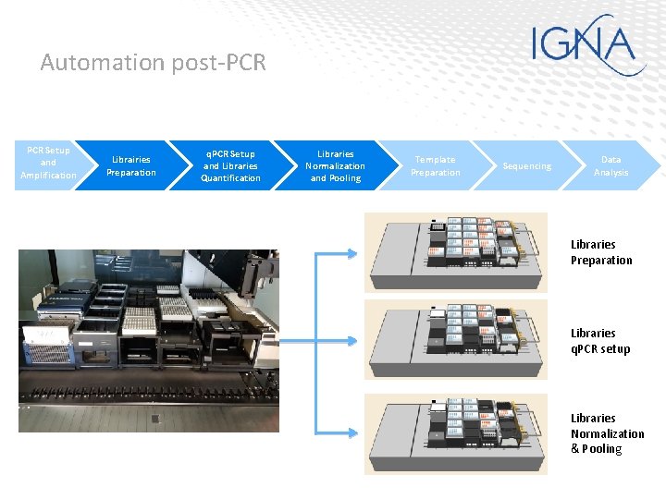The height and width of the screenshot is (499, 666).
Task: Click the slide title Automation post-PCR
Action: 153,63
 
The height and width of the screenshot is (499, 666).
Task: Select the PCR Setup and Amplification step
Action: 48,164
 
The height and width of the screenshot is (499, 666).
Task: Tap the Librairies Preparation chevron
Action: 131,166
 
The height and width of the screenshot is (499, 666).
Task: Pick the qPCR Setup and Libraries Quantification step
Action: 230,166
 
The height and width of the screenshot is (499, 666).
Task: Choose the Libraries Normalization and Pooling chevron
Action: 335,166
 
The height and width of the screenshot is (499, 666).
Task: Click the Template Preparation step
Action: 436,166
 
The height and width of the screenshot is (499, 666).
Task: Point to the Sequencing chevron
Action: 526,166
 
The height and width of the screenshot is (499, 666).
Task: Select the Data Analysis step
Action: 611,166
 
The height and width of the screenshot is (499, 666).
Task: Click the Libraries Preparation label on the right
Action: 601,252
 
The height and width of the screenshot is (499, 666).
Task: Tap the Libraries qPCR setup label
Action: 600,341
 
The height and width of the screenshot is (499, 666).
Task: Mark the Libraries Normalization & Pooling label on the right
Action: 607,433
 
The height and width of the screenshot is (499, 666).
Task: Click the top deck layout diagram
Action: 456,251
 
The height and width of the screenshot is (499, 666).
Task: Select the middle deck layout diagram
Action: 456,339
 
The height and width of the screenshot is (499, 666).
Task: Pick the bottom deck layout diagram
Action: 456,433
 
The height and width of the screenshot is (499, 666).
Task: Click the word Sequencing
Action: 526,166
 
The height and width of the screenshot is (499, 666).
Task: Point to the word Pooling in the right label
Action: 601,449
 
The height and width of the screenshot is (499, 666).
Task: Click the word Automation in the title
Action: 103,63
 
